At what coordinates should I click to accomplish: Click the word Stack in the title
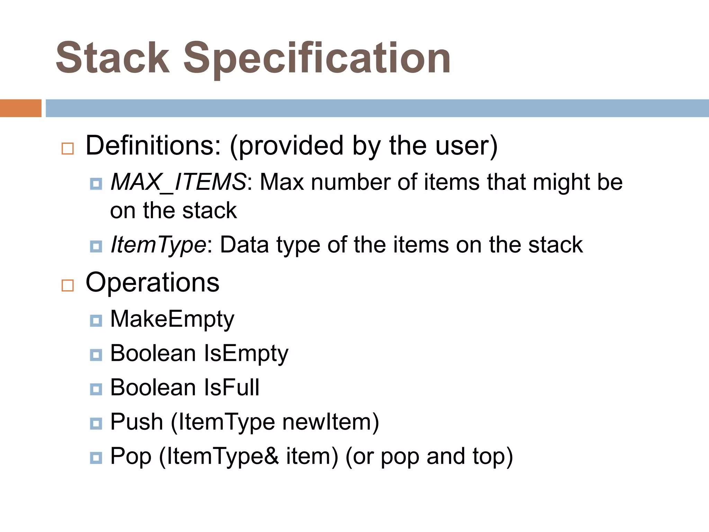[x=113, y=58]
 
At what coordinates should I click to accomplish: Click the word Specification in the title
[x=316, y=58]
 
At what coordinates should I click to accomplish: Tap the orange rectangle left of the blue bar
[x=20, y=108]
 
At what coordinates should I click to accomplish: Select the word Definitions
[x=153, y=145]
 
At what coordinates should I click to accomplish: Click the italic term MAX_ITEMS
[x=178, y=182]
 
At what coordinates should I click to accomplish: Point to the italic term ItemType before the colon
[x=158, y=245]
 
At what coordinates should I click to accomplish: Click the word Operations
[x=152, y=283]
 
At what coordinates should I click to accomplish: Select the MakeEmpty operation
[x=172, y=319]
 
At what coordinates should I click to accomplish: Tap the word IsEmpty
[x=246, y=353]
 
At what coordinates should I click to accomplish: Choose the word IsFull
[x=232, y=387]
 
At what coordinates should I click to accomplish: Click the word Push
[x=136, y=422]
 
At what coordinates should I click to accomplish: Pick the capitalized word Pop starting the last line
[x=131, y=456]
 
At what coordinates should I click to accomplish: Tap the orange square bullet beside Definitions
[x=68, y=149]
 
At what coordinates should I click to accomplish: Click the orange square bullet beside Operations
[x=68, y=286]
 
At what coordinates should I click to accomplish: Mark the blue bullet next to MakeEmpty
[x=96, y=321]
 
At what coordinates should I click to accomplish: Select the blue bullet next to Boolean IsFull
[x=96, y=389]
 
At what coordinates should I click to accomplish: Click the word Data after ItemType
[x=244, y=245]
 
